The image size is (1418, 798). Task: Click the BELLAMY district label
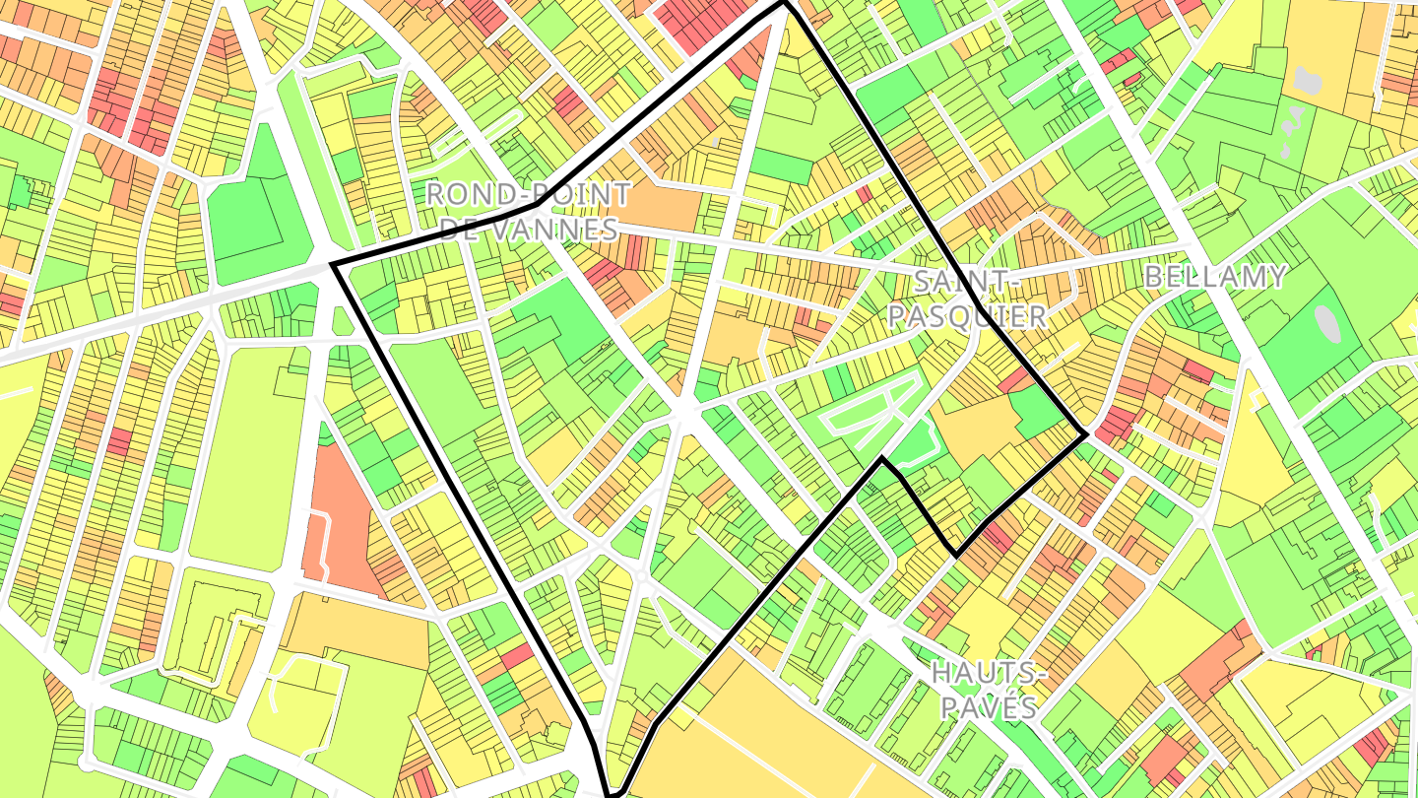pos(1215,277)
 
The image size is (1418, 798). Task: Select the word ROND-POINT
pos(527,193)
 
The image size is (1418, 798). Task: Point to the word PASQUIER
pos(966,316)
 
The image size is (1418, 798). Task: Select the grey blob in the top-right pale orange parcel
pos(1308,81)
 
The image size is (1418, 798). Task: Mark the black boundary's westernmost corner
pos(333,265)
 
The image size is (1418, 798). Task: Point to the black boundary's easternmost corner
pos(1086,433)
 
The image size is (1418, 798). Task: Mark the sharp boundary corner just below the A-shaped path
pos(883,459)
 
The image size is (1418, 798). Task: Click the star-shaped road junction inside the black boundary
pos(682,407)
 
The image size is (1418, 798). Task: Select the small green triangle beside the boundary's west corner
pos(342,321)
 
